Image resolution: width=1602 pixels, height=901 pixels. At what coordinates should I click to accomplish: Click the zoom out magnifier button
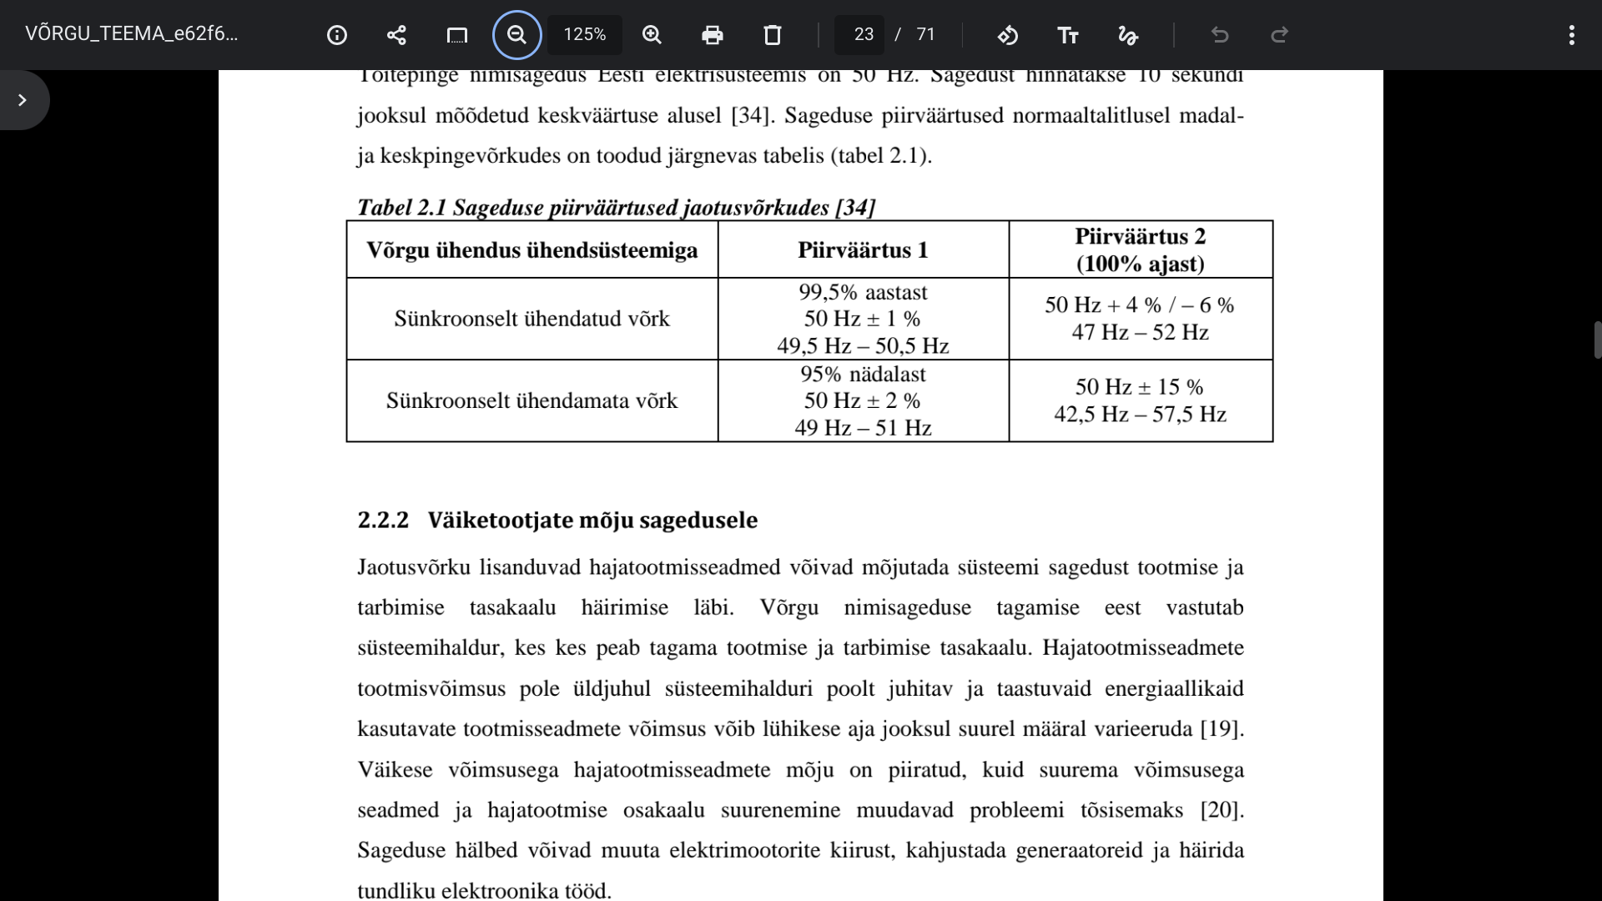click(x=516, y=35)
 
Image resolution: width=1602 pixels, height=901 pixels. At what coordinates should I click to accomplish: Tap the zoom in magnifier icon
click(x=652, y=35)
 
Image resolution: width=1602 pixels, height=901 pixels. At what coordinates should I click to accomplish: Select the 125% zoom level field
click(x=584, y=35)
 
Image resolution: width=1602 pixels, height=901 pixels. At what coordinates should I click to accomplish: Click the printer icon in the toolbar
click(x=712, y=35)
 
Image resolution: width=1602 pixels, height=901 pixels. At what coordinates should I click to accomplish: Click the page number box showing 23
click(x=863, y=35)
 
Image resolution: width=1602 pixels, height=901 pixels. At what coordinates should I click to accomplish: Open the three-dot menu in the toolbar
click(x=1571, y=35)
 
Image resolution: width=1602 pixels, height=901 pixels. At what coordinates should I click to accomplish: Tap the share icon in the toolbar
click(x=396, y=35)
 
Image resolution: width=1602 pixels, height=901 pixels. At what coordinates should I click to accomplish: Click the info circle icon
click(x=337, y=35)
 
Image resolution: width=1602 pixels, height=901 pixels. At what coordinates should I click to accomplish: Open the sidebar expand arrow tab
click(x=23, y=100)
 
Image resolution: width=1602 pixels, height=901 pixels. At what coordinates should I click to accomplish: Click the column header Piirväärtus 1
click(x=863, y=250)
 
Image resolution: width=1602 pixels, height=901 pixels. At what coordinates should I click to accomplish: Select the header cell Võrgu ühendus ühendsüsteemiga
click(x=531, y=250)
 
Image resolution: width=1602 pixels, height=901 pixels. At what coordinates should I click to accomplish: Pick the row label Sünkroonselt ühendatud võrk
click(x=531, y=319)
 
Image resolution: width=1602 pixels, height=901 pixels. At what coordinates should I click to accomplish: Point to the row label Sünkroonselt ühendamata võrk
click(x=531, y=400)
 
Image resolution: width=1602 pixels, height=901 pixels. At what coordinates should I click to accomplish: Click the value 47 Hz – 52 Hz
click(x=1140, y=332)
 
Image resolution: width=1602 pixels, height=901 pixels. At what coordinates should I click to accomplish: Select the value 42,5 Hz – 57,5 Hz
click(x=1140, y=414)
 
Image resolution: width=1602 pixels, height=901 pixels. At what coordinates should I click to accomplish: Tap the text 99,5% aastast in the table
click(x=863, y=292)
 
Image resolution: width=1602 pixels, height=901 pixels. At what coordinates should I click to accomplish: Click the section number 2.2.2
click(x=383, y=520)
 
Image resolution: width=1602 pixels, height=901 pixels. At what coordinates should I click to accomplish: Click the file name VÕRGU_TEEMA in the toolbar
click(x=131, y=34)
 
